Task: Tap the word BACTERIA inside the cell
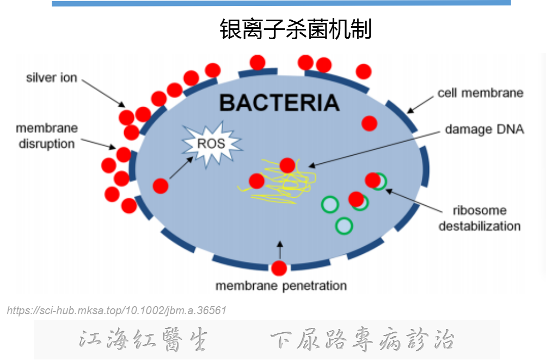[x=279, y=103]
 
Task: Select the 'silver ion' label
[x=52, y=78]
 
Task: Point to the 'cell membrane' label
[x=481, y=93]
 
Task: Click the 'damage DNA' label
[x=484, y=129]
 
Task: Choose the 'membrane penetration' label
[x=281, y=286]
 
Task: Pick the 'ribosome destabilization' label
[x=480, y=218]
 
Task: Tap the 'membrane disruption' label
[x=47, y=136]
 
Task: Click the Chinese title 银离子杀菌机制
[x=296, y=29]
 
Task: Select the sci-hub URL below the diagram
[x=116, y=310]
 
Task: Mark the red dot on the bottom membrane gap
[x=279, y=268]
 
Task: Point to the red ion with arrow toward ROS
[x=161, y=186]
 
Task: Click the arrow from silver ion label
[x=103, y=93]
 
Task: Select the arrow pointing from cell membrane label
[x=420, y=105]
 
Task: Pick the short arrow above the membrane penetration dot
[x=280, y=250]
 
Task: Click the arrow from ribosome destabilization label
[x=414, y=200]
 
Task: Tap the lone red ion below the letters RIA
[x=370, y=124]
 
